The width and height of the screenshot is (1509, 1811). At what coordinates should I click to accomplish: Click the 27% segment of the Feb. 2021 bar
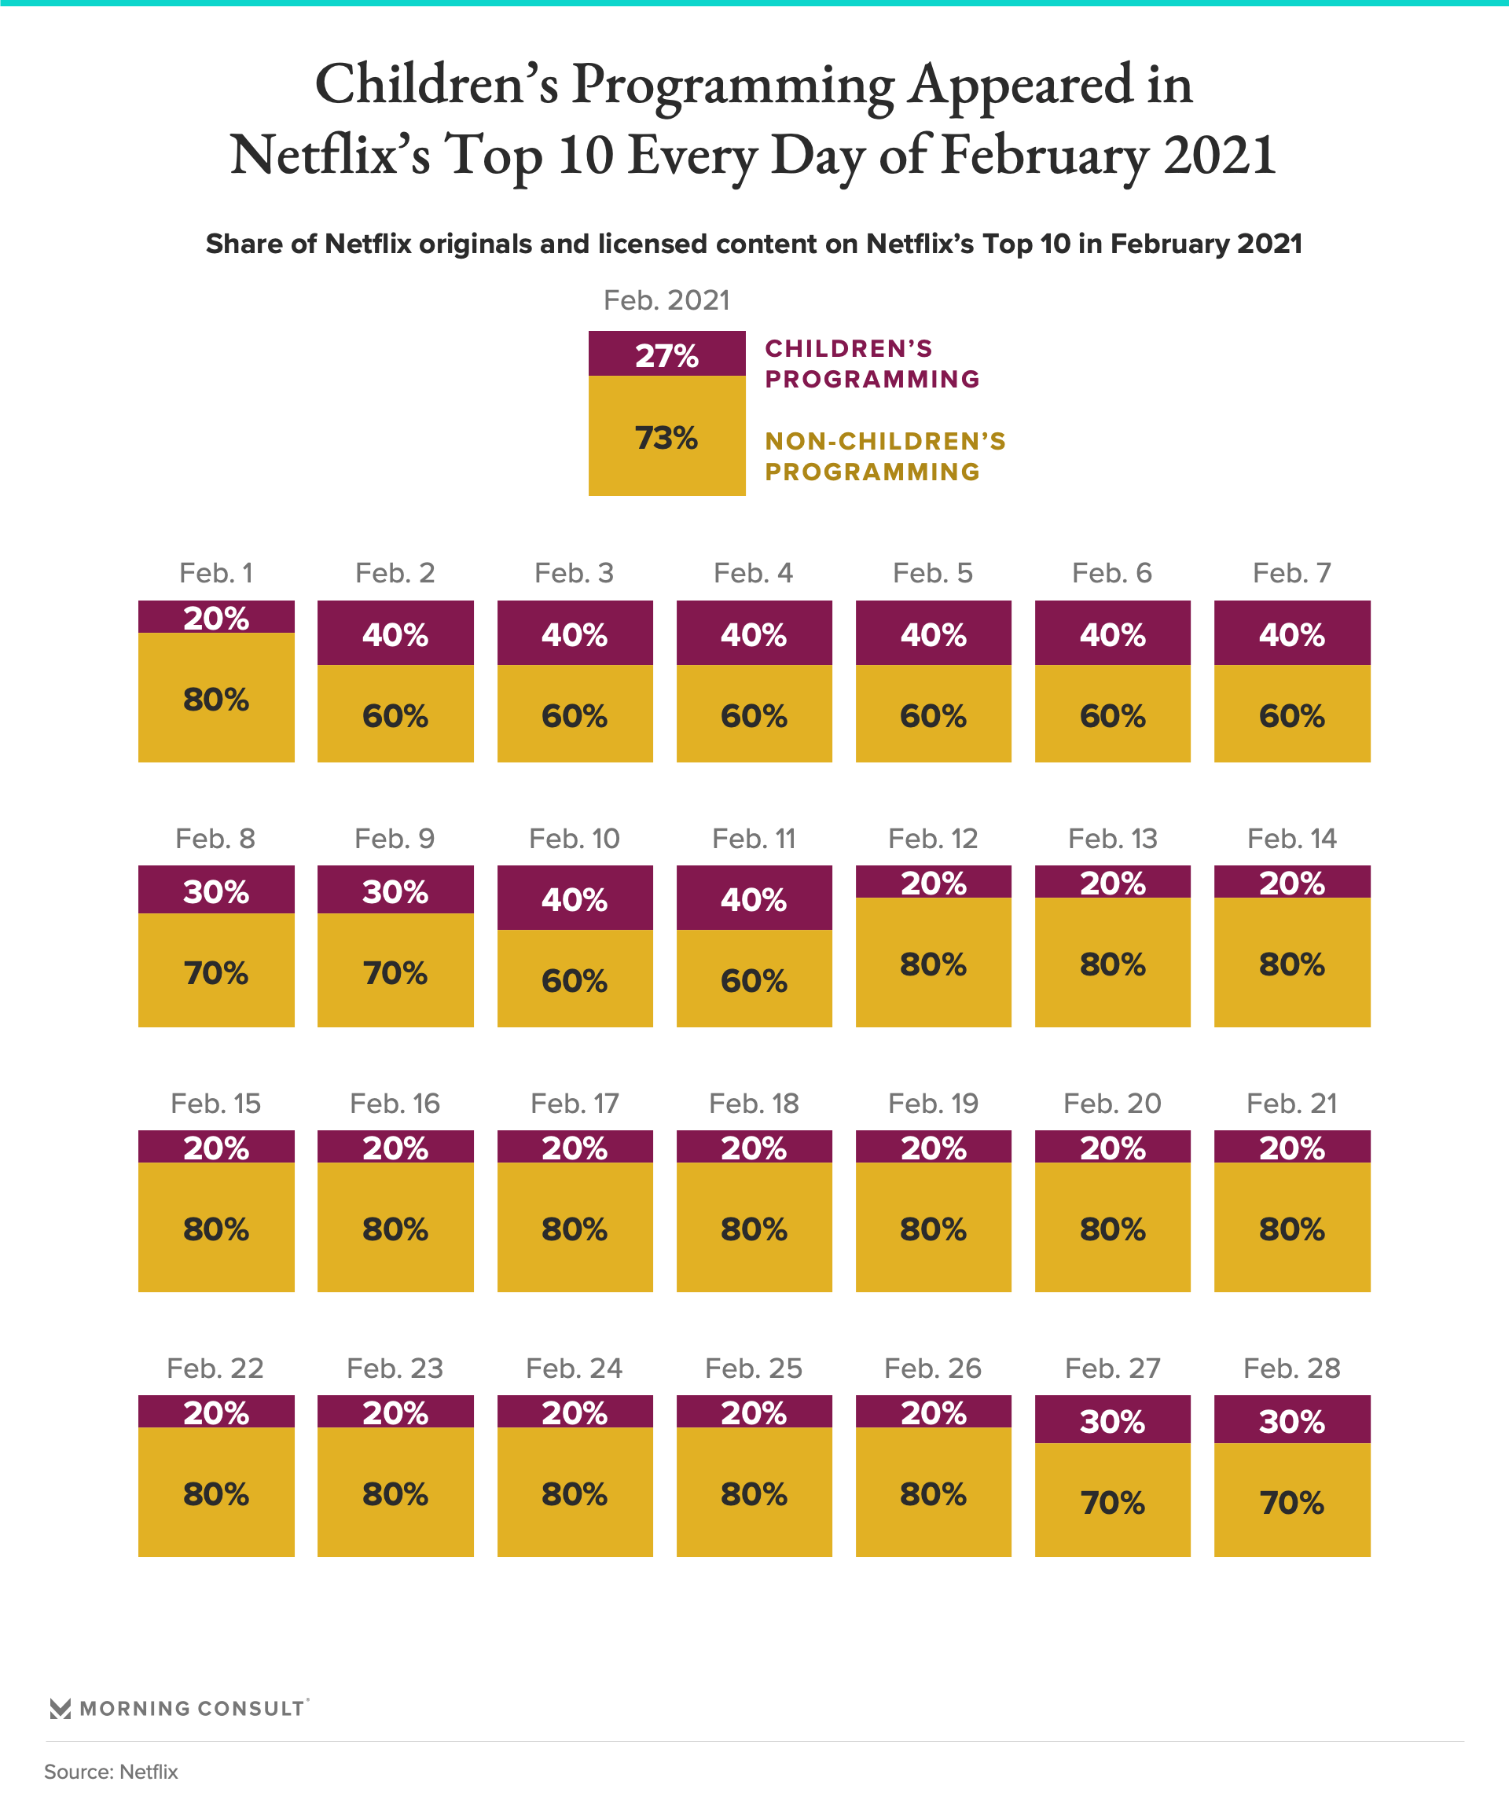pos(666,354)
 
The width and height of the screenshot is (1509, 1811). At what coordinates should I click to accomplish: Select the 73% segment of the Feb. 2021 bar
pos(666,436)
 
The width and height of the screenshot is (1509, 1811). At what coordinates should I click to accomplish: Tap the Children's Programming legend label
pos(872,364)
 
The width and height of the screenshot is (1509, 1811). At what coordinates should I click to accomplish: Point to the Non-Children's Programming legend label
pos(885,456)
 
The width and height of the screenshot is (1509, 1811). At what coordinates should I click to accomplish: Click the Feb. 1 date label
pos(215,573)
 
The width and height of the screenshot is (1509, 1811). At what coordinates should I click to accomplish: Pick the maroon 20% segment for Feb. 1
pos(215,618)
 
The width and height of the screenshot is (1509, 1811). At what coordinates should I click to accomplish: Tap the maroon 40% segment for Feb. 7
pos(1292,634)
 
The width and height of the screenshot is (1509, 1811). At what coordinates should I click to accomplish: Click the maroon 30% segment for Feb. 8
pos(215,890)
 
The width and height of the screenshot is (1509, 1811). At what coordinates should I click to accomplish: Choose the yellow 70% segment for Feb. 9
pos(395,971)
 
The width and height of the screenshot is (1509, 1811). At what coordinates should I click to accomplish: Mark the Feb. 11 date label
pos(754,838)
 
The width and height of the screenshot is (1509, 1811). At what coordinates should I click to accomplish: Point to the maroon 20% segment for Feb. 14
pos(1292,882)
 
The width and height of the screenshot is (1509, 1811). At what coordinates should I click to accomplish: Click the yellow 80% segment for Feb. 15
pos(215,1227)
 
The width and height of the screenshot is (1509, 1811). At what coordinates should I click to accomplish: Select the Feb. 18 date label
pos(754,1103)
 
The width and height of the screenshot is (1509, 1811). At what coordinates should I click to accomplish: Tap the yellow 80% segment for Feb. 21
pos(1292,1227)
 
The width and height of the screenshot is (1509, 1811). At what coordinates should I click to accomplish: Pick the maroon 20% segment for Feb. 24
pos(575,1412)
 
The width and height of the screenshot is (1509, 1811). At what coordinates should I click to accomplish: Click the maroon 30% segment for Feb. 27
pos(1112,1420)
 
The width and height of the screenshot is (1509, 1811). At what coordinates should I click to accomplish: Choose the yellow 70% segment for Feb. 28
pos(1292,1501)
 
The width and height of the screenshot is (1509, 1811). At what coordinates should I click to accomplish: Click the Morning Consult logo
pos(178,1707)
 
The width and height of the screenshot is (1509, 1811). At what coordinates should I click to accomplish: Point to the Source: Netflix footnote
pos(112,1772)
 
